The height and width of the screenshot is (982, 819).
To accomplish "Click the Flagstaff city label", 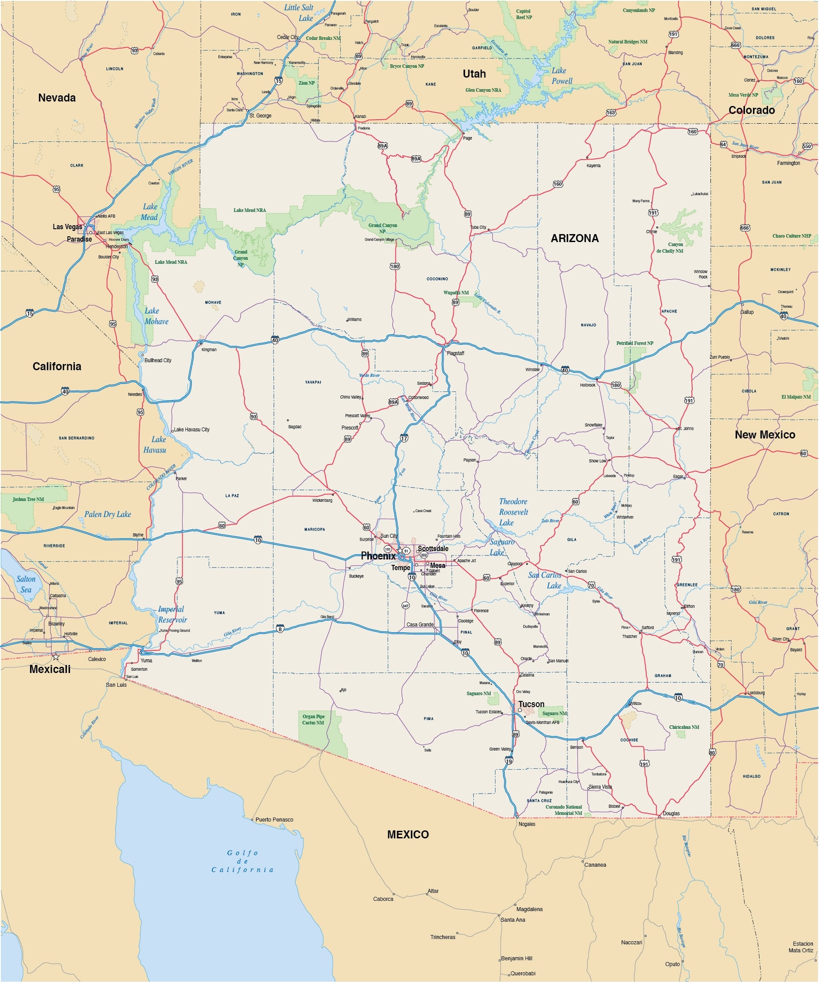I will pos(455,353).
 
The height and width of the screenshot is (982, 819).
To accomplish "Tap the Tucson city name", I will pos(531,704).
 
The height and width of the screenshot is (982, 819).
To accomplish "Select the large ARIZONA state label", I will pos(574,239).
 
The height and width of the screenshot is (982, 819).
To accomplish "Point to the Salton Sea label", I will pos(26,584).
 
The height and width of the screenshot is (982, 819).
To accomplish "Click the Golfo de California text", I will pos(242,861).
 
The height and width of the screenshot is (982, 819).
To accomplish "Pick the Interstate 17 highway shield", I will pos(404,438).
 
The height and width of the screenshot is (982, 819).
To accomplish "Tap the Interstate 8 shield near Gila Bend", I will pos(280,629).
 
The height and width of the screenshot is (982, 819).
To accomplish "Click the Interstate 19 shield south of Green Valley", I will pos(509,761).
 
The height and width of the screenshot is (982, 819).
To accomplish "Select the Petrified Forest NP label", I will pos(634,343).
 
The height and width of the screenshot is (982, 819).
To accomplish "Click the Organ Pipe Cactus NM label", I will pos(313,719).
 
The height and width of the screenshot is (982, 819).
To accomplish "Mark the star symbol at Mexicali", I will pos(56,657).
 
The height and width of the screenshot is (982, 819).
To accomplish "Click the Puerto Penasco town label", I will pos(274,820).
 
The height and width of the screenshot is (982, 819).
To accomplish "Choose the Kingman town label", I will pos(209,349).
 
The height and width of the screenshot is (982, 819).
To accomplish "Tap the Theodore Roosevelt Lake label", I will pos(513,512).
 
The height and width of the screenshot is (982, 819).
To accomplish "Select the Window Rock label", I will pos(700,274).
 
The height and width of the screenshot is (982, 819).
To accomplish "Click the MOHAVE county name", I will pos(213,302).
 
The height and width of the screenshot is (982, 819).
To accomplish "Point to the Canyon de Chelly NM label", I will pos(672,247).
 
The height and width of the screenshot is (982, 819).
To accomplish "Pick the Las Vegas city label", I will pos(67,227).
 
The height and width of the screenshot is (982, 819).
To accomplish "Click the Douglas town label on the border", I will pos(671,814).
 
